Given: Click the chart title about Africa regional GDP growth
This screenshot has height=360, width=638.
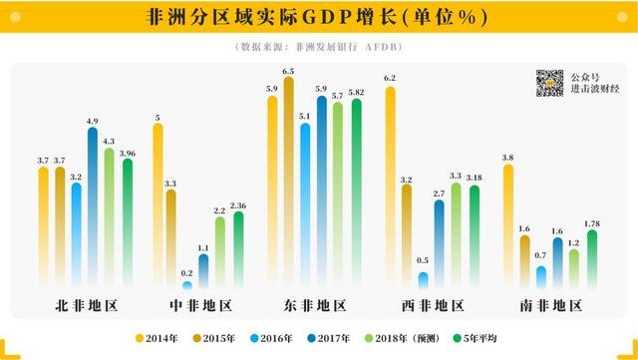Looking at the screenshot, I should coord(318,18).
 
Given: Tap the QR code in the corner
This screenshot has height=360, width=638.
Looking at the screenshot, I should coord(549,83).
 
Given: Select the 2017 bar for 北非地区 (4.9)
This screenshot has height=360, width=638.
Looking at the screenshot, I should coord(93,204).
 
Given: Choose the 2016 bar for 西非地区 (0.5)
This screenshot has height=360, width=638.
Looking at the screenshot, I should coord(424,280).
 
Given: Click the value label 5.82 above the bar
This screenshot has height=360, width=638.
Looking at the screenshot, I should coord(356,92).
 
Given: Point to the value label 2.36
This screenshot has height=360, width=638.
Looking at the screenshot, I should coord(237,205).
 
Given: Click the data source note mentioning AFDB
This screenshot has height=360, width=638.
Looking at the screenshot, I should coord(319,47).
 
